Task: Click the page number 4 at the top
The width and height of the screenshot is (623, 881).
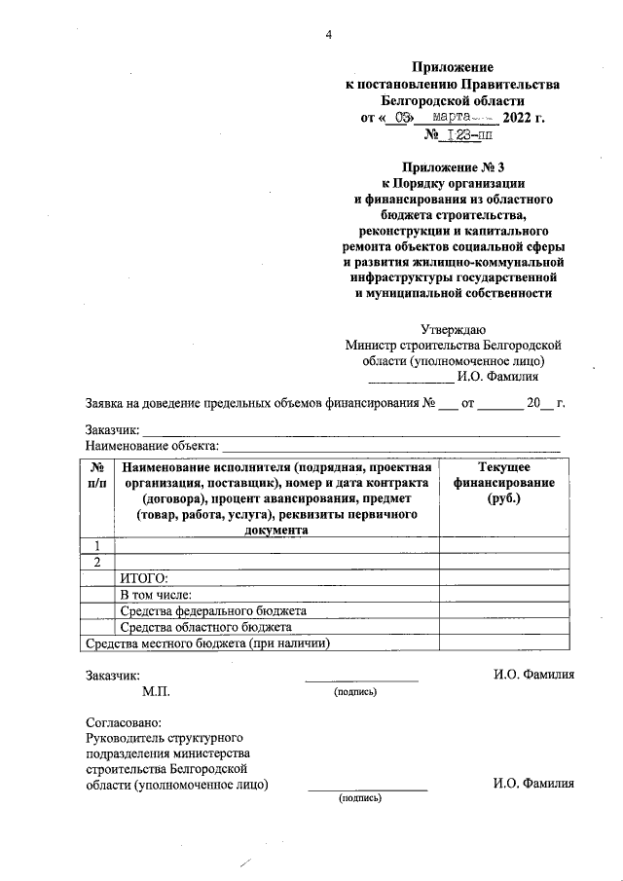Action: [329, 36]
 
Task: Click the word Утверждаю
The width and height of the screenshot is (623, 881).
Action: [453, 328]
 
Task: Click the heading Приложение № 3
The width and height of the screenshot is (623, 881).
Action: [453, 166]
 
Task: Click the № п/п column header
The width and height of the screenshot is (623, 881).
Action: [97, 476]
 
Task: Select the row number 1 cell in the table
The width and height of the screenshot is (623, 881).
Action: [97, 546]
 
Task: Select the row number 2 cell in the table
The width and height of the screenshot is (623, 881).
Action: [97, 563]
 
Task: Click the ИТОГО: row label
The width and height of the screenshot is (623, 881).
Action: [144, 579]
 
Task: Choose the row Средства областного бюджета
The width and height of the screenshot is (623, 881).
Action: [205, 627]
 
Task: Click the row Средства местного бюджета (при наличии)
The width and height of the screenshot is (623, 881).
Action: [208, 643]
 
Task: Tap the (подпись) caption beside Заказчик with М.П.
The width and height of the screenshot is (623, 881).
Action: [356, 692]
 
